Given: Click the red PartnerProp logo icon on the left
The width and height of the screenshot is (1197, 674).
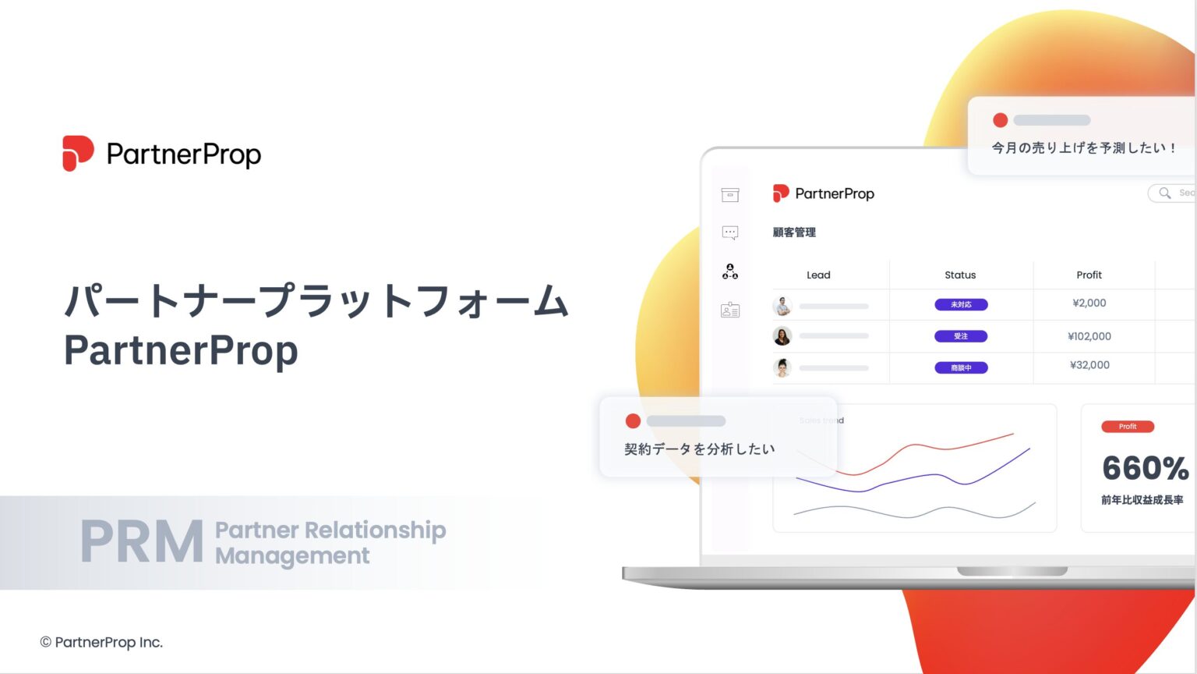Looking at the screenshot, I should click(78, 153).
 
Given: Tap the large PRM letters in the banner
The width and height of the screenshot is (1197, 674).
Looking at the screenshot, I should click(141, 542).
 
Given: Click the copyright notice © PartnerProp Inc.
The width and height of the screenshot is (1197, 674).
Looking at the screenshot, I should click(101, 642).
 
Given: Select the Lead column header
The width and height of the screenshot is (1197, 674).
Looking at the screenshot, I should click(818, 275).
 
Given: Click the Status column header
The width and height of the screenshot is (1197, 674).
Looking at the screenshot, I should click(960, 275).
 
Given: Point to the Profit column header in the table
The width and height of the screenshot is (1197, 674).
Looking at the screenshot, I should click(1089, 275).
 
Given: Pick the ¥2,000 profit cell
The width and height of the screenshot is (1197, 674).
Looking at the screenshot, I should click(1089, 303).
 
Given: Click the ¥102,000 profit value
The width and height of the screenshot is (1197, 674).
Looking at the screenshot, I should click(1089, 336).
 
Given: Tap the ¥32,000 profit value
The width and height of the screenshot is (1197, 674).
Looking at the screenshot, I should click(1089, 365).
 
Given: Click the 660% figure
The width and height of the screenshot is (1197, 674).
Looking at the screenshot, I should click(1145, 468).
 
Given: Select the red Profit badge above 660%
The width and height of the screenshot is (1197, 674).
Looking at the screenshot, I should click(1127, 427).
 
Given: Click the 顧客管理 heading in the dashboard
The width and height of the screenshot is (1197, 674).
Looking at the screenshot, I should click(794, 232).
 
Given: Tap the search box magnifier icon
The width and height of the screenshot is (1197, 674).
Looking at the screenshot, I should click(1164, 193).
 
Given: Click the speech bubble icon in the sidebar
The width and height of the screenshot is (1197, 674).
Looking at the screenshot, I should click(730, 232).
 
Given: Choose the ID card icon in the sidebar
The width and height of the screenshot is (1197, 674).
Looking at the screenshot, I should click(730, 310).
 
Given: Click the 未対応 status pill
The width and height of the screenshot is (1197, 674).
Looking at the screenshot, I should click(961, 305).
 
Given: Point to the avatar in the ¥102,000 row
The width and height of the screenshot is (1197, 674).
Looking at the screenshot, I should click(782, 336).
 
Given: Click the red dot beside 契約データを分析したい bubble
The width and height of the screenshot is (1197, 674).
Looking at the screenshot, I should click(633, 421).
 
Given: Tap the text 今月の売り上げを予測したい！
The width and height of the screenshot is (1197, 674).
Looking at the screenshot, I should click(1083, 147).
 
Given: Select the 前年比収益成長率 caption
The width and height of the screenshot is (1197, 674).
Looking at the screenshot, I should click(1142, 500).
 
